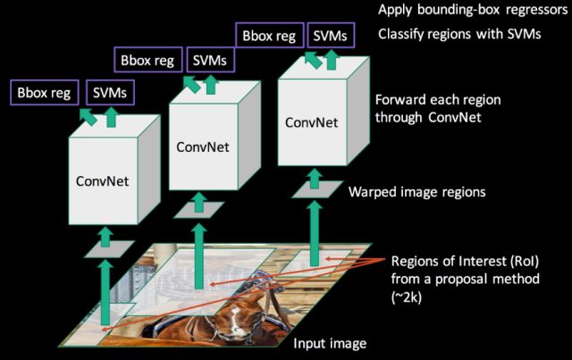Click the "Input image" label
pyautogui.click(x=331, y=343)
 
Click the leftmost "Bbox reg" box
pyautogui.click(x=42, y=91)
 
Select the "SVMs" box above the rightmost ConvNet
pyautogui.click(x=329, y=37)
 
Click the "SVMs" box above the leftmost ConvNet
pyautogui.click(x=108, y=91)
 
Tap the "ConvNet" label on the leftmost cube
pyautogui.click(x=103, y=180)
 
